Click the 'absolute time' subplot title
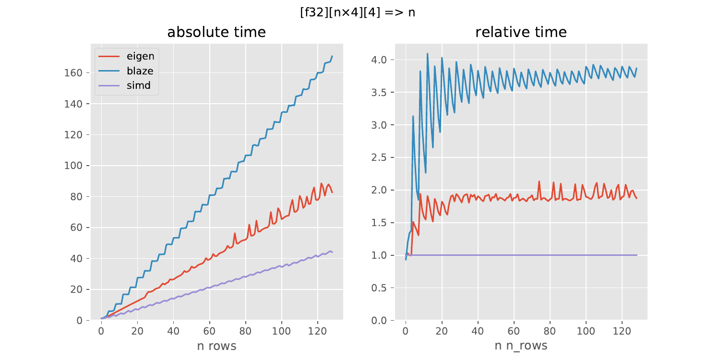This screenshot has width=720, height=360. (216, 33)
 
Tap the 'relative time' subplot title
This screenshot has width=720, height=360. (521, 33)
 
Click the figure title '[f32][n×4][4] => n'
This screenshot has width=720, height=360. (357, 13)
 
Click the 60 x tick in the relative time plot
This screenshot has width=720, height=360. (514, 331)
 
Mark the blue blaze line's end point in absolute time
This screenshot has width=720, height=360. (332, 56)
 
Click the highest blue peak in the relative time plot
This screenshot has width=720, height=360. (427, 54)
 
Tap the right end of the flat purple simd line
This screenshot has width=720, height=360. (637, 255)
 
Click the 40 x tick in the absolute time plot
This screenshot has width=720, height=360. (173, 331)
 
